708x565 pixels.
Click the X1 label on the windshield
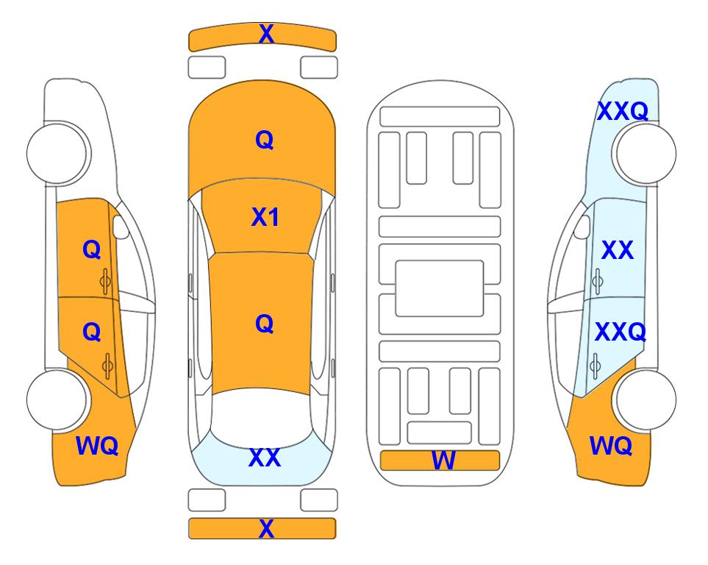tap(265, 218)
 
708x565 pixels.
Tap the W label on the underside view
tap(443, 461)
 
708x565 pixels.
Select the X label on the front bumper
tap(266, 34)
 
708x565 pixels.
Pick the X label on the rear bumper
tap(266, 528)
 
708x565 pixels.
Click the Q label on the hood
tap(265, 140)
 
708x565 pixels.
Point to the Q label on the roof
tap(265, 324)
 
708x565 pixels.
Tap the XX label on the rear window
tap(265, 458)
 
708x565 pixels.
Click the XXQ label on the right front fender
tap(623, 111)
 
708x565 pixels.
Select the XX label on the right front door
tap(618, 250)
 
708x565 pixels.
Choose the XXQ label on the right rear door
tap(621, 333)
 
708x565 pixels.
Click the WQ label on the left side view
tap(97, 446)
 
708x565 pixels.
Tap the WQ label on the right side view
tap(611, 446)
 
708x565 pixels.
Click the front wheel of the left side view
tap(57, 153)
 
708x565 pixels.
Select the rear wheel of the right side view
tap(646, 399)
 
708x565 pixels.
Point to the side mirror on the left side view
tap(120, 227)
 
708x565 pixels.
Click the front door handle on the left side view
tap(106, 282)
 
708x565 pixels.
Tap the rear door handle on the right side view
tap(596, 366)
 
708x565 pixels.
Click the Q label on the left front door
tap(92, 249)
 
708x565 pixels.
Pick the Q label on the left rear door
tap(92, 333)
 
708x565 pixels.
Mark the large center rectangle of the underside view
tap(440, 288)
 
